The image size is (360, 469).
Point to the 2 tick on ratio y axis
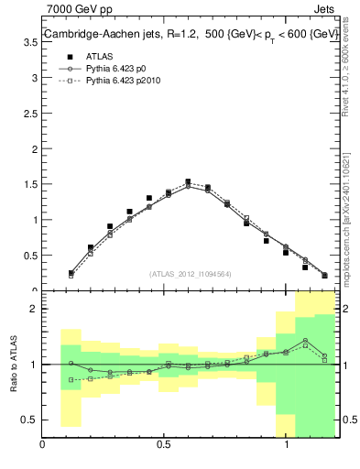tap(34, 309)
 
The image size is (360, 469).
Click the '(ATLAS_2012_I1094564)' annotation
tap(191, 273)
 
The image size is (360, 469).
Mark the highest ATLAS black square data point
tap(188, 182)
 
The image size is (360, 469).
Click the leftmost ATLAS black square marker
tap(71, 273)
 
